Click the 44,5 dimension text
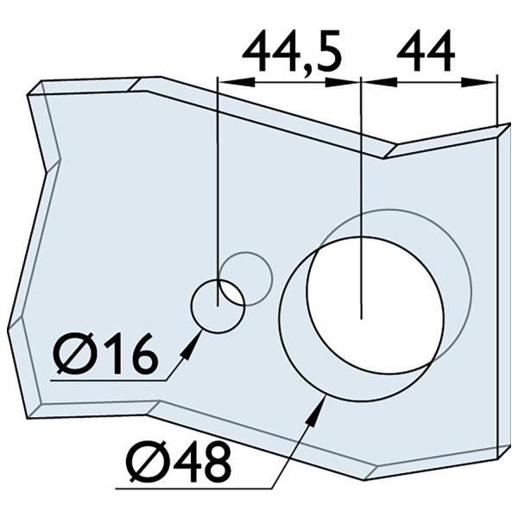[x=292, y=53]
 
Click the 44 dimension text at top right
[x=426, y=53]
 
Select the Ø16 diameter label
[x=105, y=354]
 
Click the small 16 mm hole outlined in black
[x=217, y=306]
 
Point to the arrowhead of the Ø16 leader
[x=190, y=344]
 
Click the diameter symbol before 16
[x=72, y=355]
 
